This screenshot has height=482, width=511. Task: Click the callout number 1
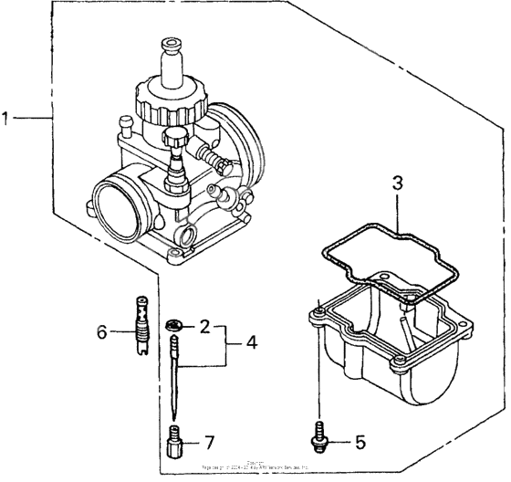tap(6, 118)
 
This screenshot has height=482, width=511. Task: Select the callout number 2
tap(205, 326)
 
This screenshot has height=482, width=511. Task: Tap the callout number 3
tap(397, 183)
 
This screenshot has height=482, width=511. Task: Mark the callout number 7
tap(209, 443)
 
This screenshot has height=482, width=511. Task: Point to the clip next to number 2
tap(174, 325)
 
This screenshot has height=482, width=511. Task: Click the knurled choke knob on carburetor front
tap(177, 140)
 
